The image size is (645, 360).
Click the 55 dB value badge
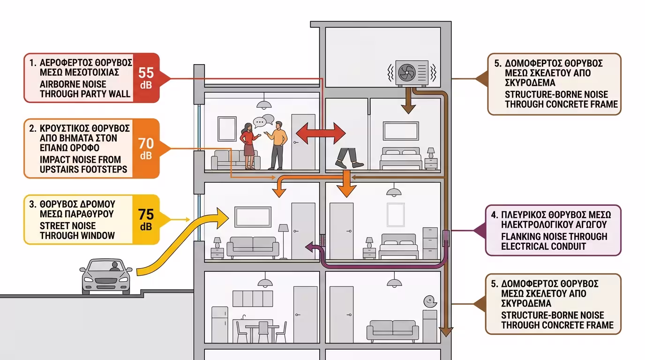(146, 77)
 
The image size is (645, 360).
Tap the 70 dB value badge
(146, 148)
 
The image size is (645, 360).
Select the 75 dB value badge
(146, 219)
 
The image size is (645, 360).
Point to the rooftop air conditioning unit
(412, 73)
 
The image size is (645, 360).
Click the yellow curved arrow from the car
(187, 244)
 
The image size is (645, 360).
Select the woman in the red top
(248, 145)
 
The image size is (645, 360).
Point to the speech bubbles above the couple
(263, 121)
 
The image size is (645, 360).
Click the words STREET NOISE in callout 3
(68, 225)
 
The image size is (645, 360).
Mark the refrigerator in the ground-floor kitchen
(219, 324)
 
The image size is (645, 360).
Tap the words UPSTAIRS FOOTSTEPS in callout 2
(83, 169)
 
